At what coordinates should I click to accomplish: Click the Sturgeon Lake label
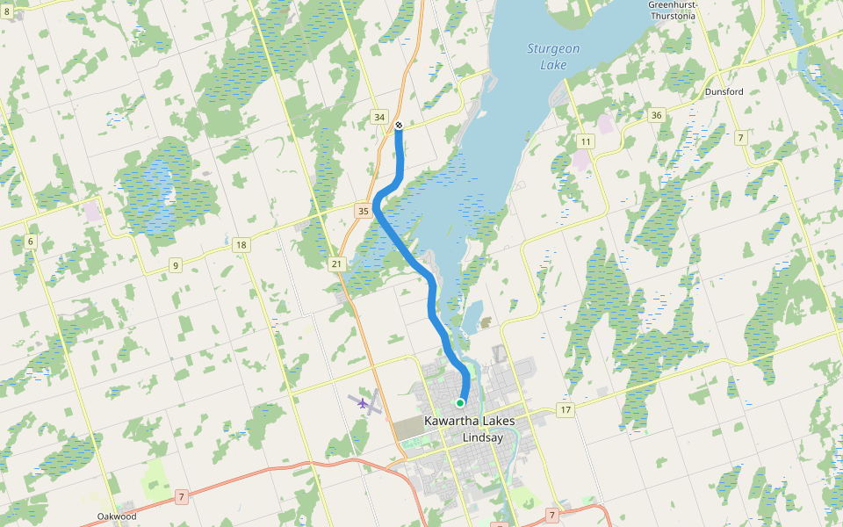553,56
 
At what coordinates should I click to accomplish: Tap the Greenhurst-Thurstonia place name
672,11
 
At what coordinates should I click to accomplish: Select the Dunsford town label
724,91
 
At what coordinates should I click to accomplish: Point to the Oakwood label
117,516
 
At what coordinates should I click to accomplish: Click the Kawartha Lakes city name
469,422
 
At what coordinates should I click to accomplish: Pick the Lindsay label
486,437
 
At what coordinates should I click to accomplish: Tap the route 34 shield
379,117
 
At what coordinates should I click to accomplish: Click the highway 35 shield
363,211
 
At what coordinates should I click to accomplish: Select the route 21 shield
336,263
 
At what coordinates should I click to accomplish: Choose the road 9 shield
176,265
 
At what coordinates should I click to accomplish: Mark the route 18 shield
241,245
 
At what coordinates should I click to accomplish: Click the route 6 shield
30,242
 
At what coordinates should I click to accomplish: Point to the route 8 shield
7,11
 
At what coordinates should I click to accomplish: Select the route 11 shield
586,141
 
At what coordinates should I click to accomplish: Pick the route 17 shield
565,410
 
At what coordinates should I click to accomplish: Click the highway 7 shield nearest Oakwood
182,497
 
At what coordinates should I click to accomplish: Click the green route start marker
460,402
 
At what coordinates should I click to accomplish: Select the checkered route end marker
399,126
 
